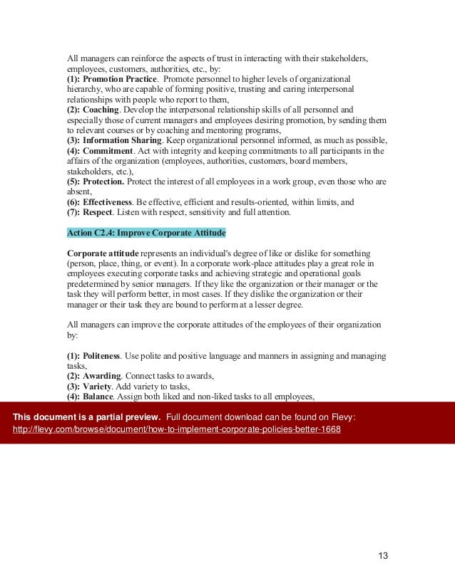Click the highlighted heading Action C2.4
pos(146,232)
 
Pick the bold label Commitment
pos(108,151)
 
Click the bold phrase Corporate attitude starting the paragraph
pos(103,253)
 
